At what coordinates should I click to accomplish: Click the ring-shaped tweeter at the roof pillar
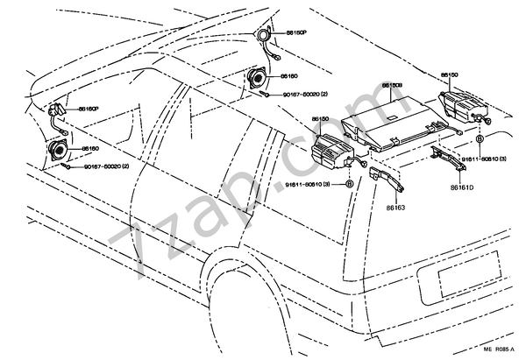pyautogui.click(x=263, y=36)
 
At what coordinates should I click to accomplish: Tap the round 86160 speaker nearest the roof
pyautogui.click(x=258, y=78)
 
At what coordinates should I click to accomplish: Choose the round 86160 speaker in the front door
pyautogui.click(x=59, y=151)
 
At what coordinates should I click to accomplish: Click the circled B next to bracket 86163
pyautogui.click(x=350, y=185)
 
